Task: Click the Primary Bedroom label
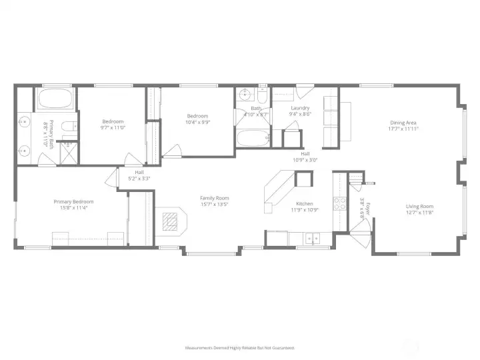point(73,201)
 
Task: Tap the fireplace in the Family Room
point(171,219)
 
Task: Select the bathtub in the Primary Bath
point(56,100)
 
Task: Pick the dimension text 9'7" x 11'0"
point(113,127)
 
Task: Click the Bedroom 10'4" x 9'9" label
point(197,116)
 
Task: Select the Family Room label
point(215,197)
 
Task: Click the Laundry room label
point(300,108)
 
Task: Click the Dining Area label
point(403,123)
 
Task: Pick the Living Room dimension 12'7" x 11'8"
point(419,213)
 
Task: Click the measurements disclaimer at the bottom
point(239,347)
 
